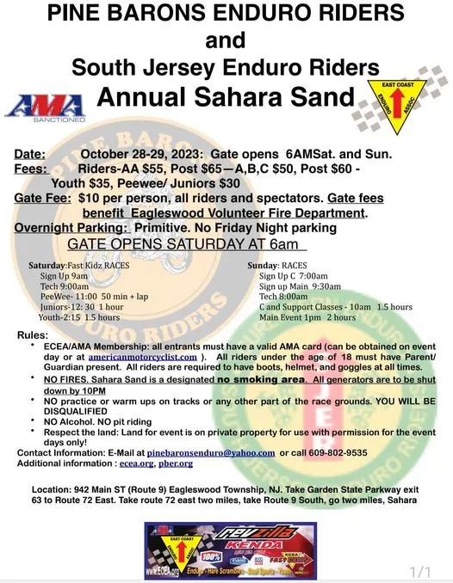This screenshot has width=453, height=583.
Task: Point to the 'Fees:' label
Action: click(31, 169)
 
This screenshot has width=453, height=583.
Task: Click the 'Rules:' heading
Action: click(34, 334)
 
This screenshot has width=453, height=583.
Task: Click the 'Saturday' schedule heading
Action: click(47, 267)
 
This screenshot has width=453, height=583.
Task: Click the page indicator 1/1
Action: click(419, 570)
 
